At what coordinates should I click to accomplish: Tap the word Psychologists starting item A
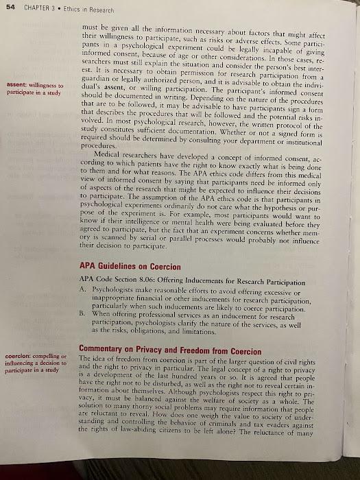(117, 292)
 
